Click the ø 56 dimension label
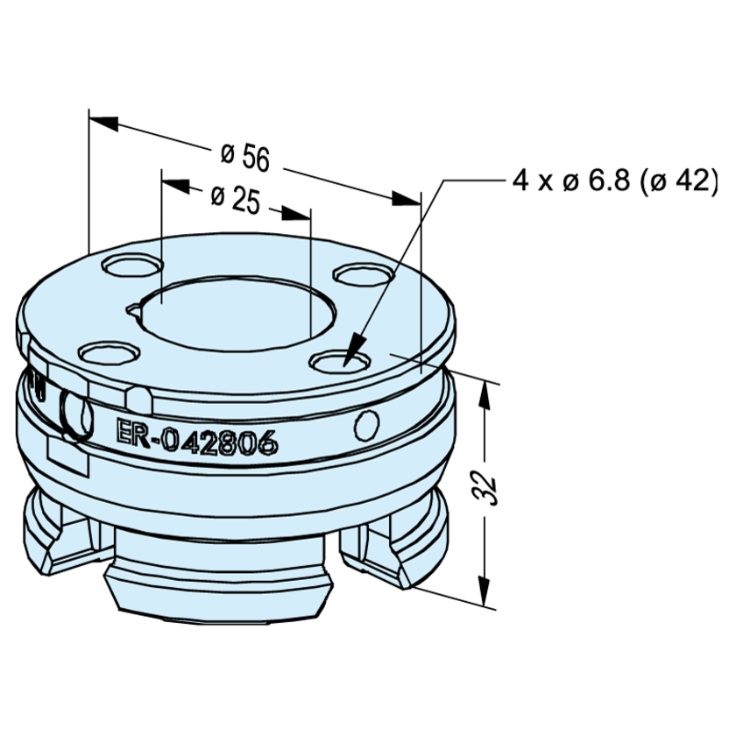point(245,157)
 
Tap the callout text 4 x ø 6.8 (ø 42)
point(615,181)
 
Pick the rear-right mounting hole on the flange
point(363,274)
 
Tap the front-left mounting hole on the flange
point(110,354)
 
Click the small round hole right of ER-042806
point(366,425)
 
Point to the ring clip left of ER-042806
point(77,412)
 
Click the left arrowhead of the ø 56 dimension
point(103,120)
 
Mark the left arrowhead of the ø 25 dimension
point(175,185)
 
